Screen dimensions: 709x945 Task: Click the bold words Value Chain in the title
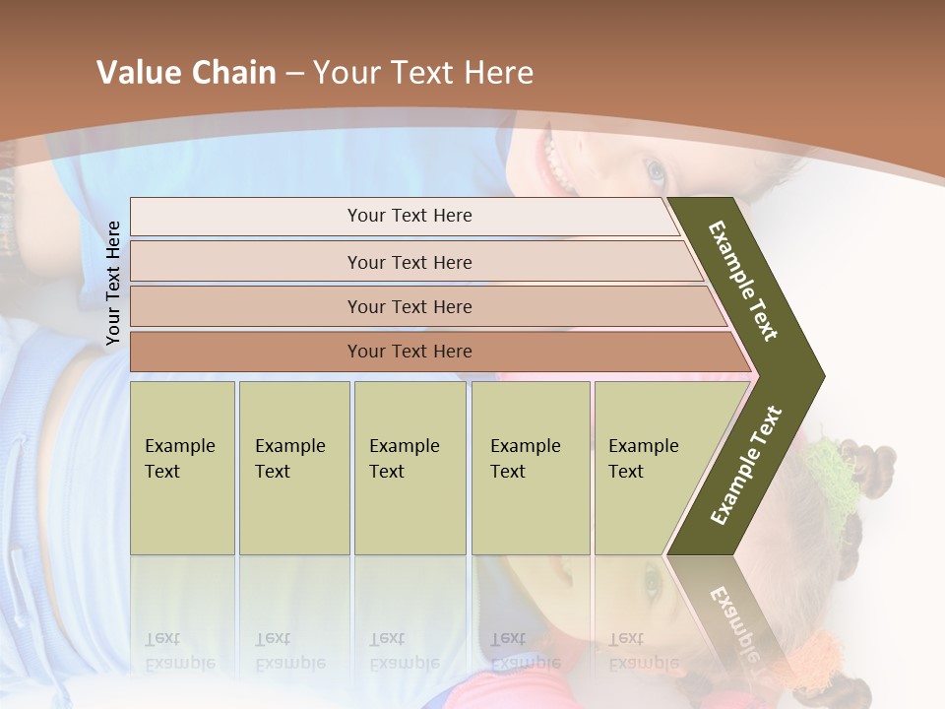pos(186,73)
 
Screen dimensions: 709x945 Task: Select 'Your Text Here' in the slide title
pos(423,73)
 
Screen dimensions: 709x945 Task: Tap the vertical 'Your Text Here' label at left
pos(113,284)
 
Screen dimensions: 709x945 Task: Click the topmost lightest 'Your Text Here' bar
pos(409,216)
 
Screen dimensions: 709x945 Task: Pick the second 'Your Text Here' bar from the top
pos(409,262)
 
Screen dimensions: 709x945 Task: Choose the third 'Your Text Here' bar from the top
pos(409,306)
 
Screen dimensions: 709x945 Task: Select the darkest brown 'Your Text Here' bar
pos(409,352)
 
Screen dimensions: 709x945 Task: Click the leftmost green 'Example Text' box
pos(182,467)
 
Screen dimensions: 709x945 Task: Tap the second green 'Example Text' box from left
pos(293,467)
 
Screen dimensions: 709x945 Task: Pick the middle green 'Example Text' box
pos(409,467)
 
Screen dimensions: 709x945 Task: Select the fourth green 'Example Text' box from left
pos(530,467)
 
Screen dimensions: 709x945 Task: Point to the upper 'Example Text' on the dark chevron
pos(744,281)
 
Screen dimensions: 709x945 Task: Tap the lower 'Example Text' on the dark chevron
pos(746,465)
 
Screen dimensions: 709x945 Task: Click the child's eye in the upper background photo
pos(656,173)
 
